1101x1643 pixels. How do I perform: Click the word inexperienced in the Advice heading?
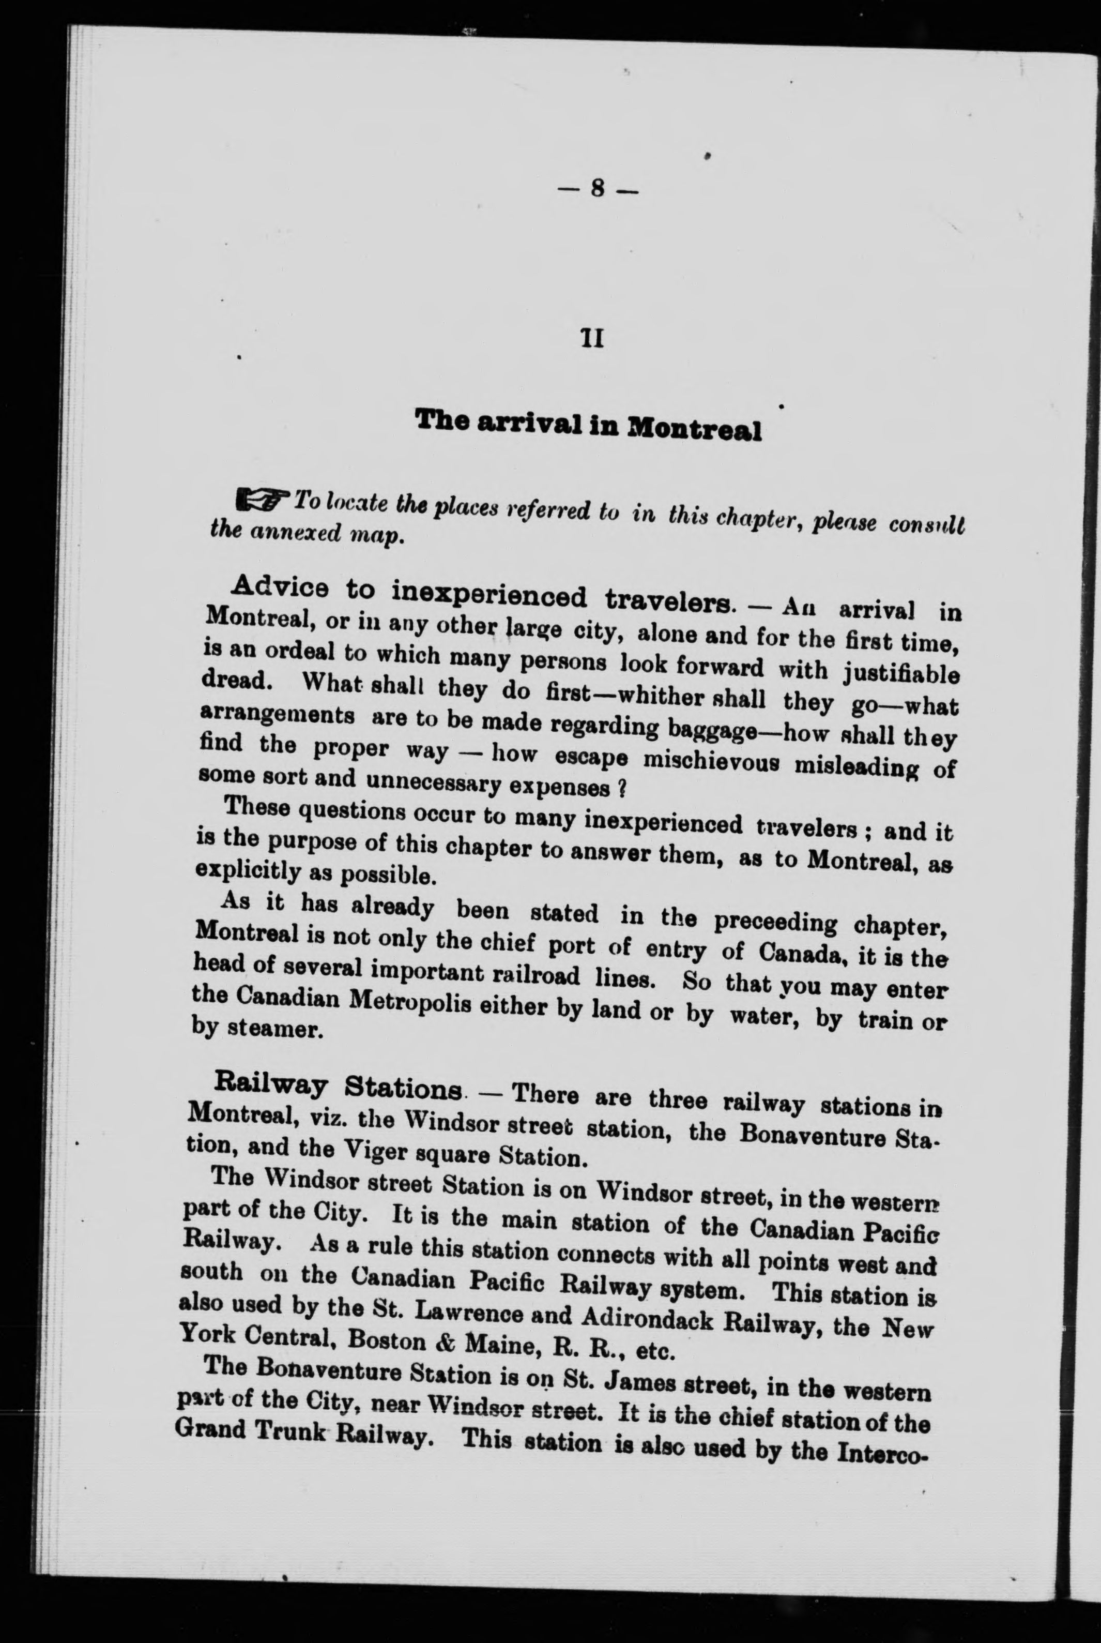488,594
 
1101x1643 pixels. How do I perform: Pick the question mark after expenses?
621,788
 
